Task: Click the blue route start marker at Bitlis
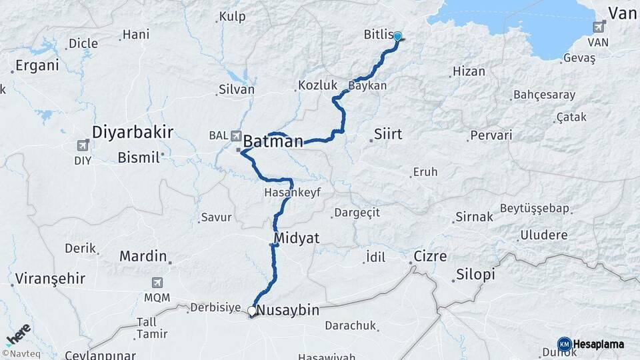[398, 37]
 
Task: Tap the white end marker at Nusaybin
[252, 311]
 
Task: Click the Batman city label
[273, 141]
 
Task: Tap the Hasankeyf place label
[293, 191]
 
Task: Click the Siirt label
[388, 134]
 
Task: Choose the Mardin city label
[143, 255]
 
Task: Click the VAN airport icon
[599, 27]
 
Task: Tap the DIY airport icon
[83, 145]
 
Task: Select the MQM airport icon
[157, 283]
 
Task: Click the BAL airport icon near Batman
[236, 135]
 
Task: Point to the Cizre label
[431, 257]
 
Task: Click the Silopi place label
[476, 275]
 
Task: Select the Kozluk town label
[314, 85]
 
